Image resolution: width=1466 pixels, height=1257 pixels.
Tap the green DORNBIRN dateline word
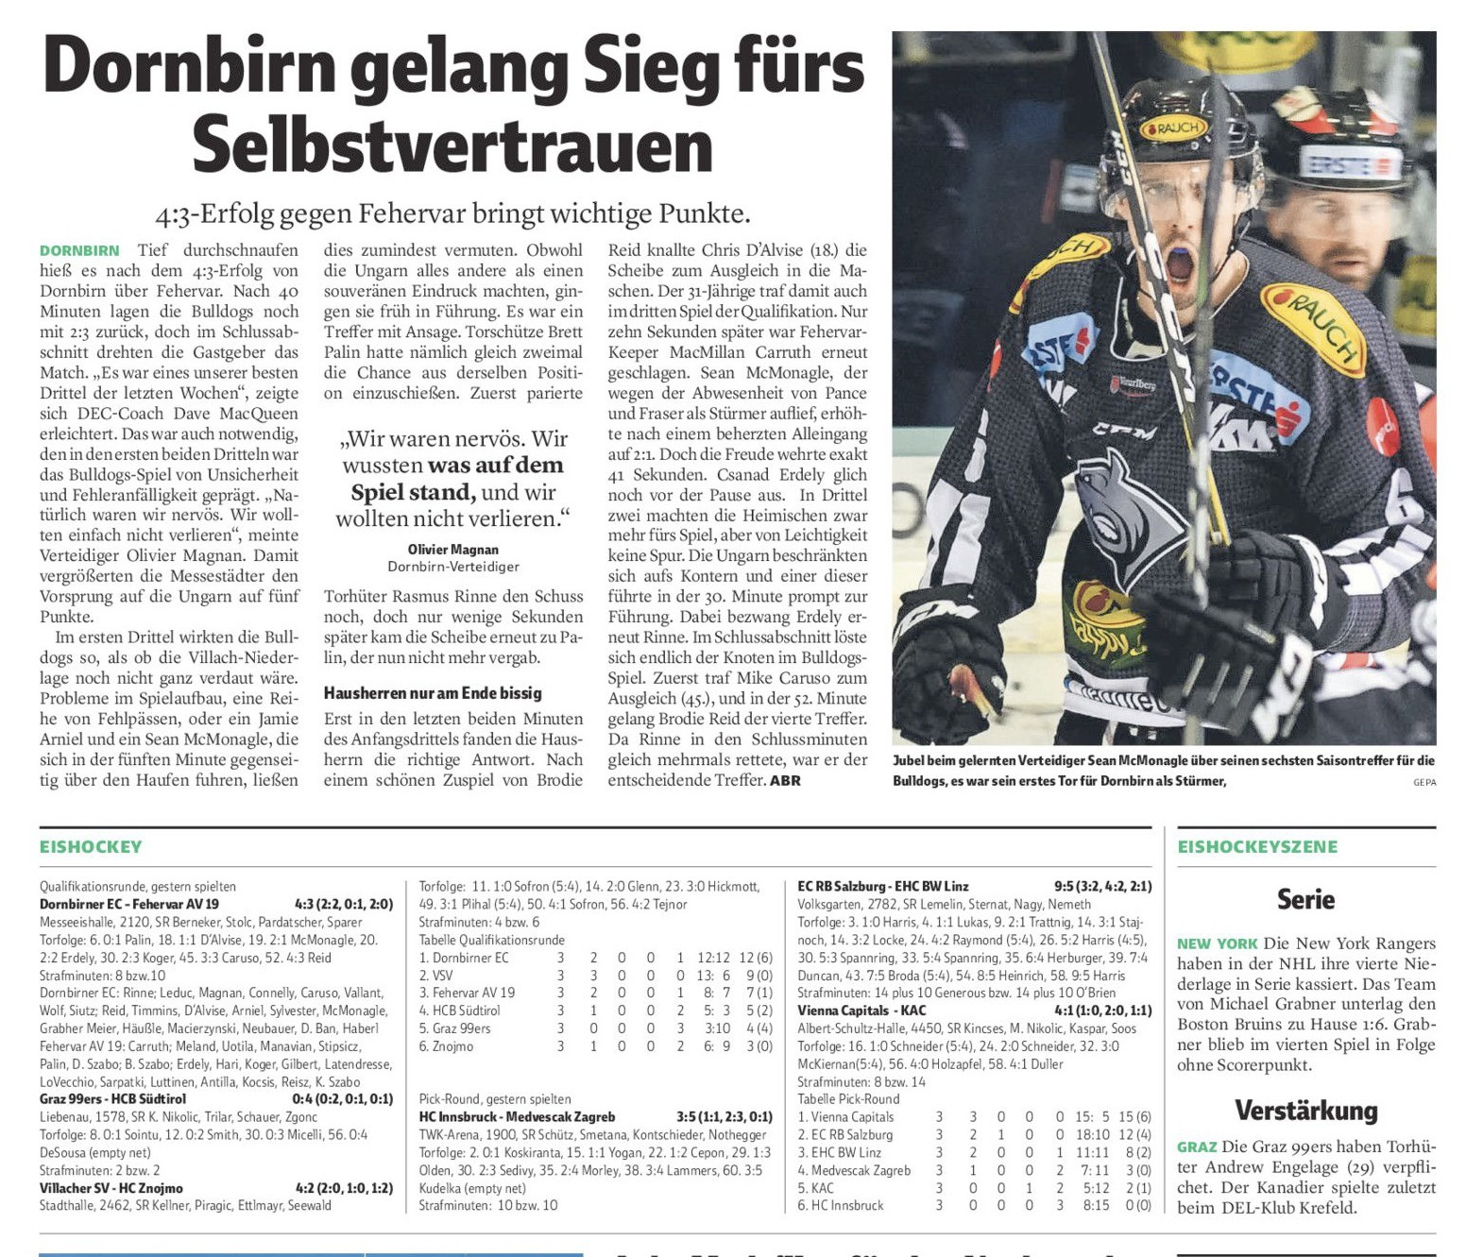[79, 250]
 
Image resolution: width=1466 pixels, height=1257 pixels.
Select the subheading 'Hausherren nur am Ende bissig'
[433, 693]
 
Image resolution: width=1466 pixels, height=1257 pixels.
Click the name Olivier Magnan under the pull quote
[453, 550]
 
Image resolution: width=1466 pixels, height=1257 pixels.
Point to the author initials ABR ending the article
[785, 780]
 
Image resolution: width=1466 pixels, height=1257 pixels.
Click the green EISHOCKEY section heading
[91, 847]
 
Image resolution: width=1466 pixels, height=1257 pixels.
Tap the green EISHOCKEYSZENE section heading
[1257, 847]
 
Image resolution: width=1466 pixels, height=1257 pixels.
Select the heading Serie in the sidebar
[1305, 899]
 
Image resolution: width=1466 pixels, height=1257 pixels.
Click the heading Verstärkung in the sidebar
[1305, 1110]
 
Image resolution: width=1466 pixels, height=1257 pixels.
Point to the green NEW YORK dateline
[1217, 943]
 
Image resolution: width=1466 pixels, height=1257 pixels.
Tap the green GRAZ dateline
[1196, 1147]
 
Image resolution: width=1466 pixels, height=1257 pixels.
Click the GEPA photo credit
[1423, 782]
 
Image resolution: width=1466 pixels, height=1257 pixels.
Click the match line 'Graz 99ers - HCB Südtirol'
[113, 1099]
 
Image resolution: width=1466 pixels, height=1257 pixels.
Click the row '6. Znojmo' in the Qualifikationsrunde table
[447, 1046]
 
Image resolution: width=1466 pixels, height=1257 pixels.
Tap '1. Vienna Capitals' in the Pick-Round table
[845, 1117]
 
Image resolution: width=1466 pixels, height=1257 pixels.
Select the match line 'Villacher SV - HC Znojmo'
[111, 1188]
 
